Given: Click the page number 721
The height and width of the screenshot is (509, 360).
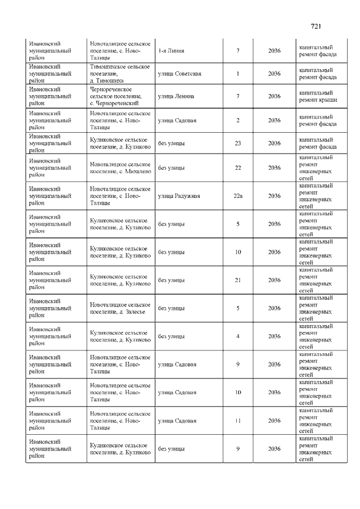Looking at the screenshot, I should point(316,26).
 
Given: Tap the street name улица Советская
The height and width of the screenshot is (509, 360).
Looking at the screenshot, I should point(179,74).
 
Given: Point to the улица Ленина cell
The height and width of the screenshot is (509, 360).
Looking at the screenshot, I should point(176,96).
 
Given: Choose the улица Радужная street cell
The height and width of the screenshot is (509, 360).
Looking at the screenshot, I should point(179,196).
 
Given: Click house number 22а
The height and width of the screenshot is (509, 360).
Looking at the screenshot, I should point(238,196).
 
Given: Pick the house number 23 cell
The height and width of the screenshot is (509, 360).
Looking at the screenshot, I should point(238,143).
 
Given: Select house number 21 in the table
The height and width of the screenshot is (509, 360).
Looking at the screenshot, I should point(238,280).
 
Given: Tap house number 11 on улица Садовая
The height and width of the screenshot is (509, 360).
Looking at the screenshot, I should point(238,421).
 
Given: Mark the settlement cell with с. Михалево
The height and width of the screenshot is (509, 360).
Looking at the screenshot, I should point(120,168).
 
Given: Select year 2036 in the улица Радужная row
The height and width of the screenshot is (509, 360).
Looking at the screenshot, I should point(274,196).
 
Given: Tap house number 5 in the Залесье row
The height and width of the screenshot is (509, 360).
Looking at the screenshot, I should point(238,308).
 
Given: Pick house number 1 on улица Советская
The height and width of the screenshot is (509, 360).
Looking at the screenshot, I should point(238,74).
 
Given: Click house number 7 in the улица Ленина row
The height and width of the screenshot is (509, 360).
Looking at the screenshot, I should point(238,96).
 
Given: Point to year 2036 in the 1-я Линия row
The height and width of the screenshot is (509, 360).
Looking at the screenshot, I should point(274,51).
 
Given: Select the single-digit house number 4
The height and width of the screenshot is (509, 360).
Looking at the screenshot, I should point(238,336).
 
